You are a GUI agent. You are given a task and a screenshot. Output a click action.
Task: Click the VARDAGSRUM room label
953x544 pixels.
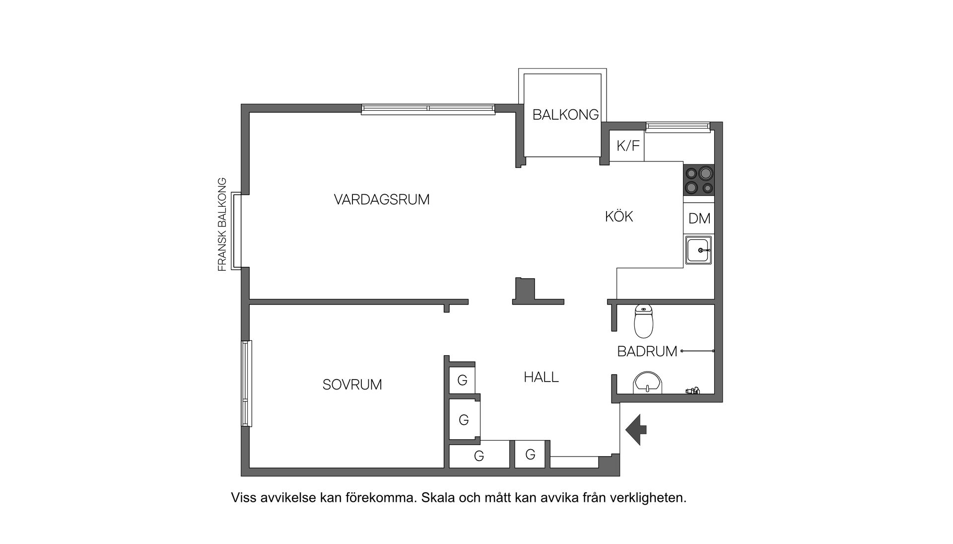click(381, 200)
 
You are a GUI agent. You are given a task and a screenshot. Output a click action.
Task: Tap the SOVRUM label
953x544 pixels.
click(352, 385)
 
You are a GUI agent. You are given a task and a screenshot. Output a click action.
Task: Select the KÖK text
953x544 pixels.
click(619, 217)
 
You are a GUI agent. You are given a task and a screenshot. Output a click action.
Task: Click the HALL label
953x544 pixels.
click(541, 377)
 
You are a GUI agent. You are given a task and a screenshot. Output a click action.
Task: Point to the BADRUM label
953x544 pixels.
click(647, 351)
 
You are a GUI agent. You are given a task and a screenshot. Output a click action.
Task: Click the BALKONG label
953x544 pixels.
click(565, 115)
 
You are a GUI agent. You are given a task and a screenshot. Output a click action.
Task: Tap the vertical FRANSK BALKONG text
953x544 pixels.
click(222, 224)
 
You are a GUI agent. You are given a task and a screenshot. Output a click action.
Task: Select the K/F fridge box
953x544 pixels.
click(627, 146)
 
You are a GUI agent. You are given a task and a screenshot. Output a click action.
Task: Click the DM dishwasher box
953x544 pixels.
click(699, 219)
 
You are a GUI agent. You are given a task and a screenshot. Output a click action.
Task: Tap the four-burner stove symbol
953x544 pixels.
click(699, 180)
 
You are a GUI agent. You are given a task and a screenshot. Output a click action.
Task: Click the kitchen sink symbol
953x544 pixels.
click(699, 250)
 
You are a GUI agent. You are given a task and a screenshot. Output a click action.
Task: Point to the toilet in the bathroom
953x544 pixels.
click(644, 322)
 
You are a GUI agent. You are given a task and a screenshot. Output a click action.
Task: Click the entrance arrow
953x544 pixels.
click(636, 429)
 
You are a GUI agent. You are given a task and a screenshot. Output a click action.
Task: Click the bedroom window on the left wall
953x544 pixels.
click(246, 383)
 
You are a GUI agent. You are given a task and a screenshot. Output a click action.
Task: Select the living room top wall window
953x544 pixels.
click(428, 109)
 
